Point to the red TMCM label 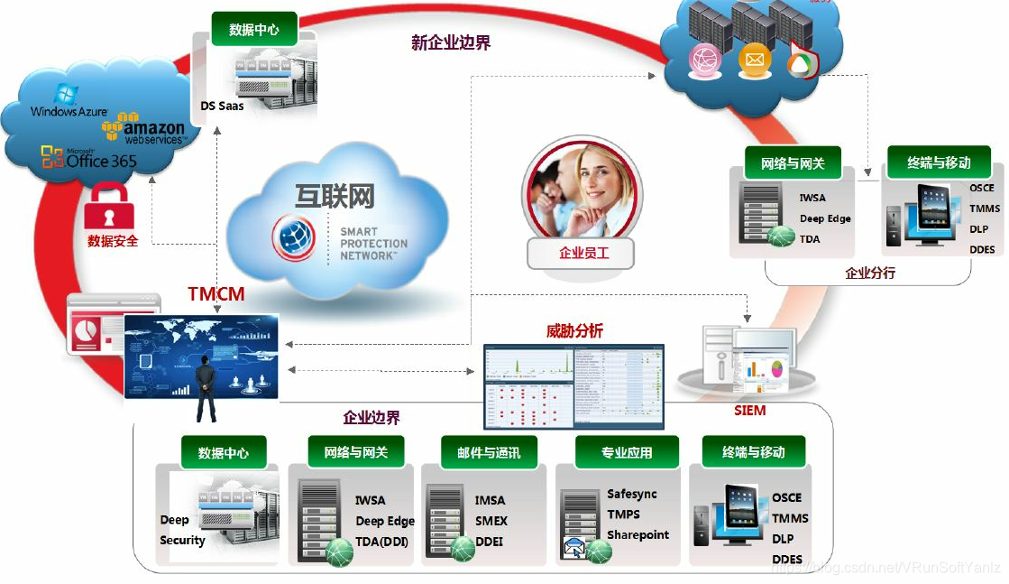click(216, 294)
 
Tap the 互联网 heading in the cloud click(334, 196)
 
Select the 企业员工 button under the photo click(582, 254)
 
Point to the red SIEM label click(749, 411)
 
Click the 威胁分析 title click(574, 331)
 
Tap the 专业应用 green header click(626, 452)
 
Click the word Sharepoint click(638, 534)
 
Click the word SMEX click(491, 521)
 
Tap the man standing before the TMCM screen click(206, 388)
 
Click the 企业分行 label click(869, 272)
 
